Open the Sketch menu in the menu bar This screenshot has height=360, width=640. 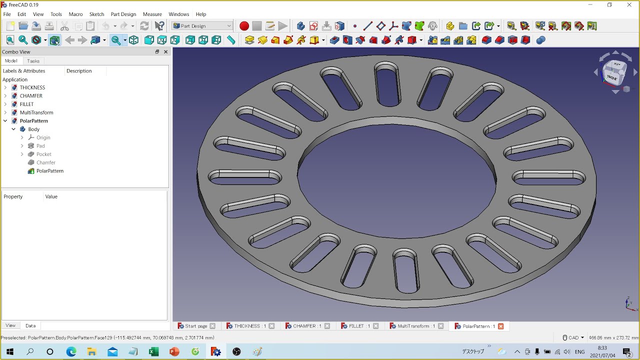click(96, 14)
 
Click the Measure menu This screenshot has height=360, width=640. click(152, 14)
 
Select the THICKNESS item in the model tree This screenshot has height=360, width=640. click(32, 87)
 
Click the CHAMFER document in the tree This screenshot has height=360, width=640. click(31, 96)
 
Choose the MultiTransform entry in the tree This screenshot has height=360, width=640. click(36, 112)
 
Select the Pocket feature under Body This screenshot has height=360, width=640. click(43, 154)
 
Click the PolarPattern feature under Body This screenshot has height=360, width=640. click(49, 171)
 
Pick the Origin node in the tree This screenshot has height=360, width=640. click(43, 137)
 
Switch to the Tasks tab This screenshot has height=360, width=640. click(33, 61)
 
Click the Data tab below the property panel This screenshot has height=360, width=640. click(30, 325)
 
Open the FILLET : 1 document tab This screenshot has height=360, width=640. click(356, 326)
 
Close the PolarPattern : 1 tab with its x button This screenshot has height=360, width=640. click(500, 326)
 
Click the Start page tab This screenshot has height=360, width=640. click(195, 326)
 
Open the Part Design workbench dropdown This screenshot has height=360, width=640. click(202, 26)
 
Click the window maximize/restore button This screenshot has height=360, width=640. click(609, 5)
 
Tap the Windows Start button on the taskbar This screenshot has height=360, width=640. click(9, 351)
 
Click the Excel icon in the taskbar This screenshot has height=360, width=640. click(153, 351)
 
